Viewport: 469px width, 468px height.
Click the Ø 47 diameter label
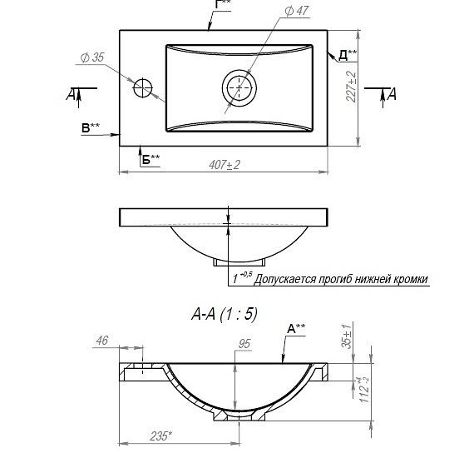(296, 11)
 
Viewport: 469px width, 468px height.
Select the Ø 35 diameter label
(92, 57)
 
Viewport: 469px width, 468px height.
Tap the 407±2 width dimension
(225, 165)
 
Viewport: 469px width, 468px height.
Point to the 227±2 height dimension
(351, 87)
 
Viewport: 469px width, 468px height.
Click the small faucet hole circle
(143, 87)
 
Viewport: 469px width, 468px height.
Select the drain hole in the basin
(239, 87)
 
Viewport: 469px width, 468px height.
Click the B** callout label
(91, 128)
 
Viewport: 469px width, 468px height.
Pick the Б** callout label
(151, 159)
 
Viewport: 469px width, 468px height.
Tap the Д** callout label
(348, 55)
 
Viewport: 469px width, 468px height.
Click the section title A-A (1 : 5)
(225, 314)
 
